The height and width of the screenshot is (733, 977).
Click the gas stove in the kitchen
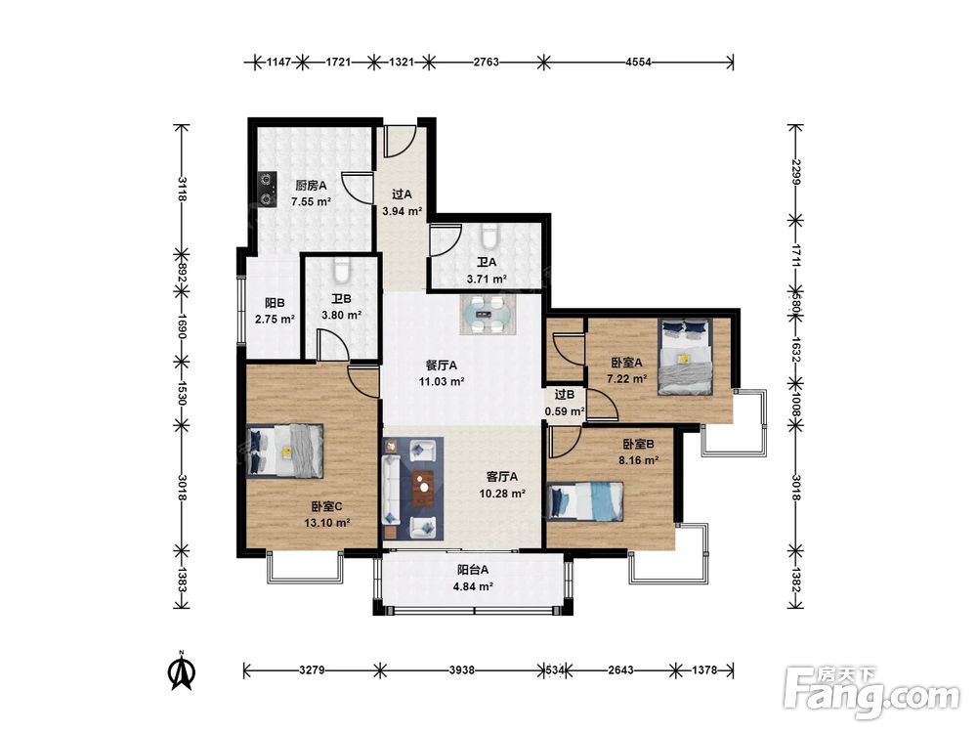tap(268, 190)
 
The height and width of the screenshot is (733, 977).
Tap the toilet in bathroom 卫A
tap(489, 236)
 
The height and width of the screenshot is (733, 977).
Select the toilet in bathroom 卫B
tap(341, 270)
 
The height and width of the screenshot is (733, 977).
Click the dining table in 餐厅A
tap(488, 315)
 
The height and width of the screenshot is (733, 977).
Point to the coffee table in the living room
tap(424, 488)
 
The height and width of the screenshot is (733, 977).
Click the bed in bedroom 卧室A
tap(686, 357)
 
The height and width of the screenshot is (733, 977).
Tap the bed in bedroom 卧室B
tap(585, 501)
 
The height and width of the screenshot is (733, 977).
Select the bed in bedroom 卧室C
tap(285, 451)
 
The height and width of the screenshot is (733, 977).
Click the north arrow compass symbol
tap(183, 670)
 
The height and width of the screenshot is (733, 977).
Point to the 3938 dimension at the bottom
tap(461, 670)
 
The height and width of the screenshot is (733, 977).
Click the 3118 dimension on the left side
tap(182, 189)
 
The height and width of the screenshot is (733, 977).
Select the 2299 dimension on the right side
tap(795, 172)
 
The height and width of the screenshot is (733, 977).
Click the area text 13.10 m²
tap(326, 523)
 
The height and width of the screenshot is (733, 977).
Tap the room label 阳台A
tap(473, 569)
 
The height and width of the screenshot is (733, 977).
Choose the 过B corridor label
tap(565, 395)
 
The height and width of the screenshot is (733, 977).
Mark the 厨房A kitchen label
tap(311, 185)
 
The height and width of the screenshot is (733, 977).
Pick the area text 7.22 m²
tap(627, 378)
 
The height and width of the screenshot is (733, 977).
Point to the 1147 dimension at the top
tap(278, 62)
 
